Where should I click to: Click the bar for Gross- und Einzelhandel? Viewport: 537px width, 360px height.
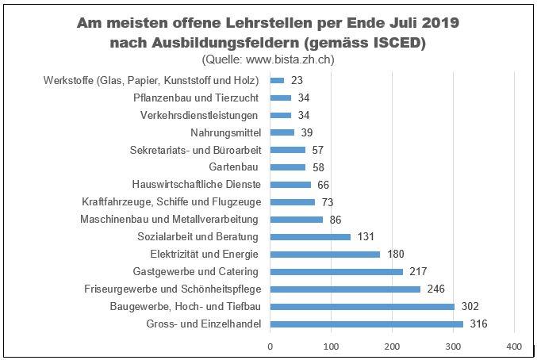click(x=366, y=324)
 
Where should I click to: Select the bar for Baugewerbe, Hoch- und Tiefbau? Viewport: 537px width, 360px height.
click(x=362, y=306)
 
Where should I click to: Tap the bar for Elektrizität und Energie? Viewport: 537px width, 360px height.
click(x=325, y=255)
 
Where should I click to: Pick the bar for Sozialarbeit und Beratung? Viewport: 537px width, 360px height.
click(x=310, y=237)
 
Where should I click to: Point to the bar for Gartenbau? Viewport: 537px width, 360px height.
click(x=288, y=167)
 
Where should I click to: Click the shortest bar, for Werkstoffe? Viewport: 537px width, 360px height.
click(x=277, y=80)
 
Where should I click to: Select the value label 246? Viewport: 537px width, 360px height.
click(x=437, y=289)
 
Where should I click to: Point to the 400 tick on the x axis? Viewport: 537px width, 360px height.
click(x=513, y=347)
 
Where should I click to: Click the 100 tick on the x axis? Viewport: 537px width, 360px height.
click(x=331, y=347)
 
